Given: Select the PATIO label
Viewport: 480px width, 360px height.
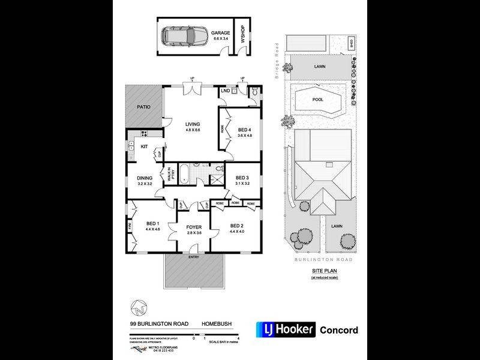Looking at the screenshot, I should click(x=143, y=107).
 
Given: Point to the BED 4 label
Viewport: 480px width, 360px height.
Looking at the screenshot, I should click(x=245, y=130).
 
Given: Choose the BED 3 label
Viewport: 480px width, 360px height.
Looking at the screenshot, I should click(x=242, y=178).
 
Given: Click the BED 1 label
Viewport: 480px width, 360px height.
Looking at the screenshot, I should click(x=152, y=225).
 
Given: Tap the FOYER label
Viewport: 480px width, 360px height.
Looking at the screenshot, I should click(x=193, y=227).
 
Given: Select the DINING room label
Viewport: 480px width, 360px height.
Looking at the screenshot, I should click(x=145, y=178).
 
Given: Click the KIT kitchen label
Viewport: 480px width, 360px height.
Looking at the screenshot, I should click(x=144, y=146).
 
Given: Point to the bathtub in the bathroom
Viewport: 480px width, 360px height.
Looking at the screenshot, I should click(x=185, y=175).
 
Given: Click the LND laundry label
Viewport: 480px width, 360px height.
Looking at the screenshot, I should click(x=226, y=90).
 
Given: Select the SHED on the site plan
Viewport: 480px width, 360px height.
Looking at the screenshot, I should click(x=351, y=43).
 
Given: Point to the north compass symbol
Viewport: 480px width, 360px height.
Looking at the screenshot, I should click(x=139, y=310).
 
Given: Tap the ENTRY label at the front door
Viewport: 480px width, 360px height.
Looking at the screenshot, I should click(x=193, y=257).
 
